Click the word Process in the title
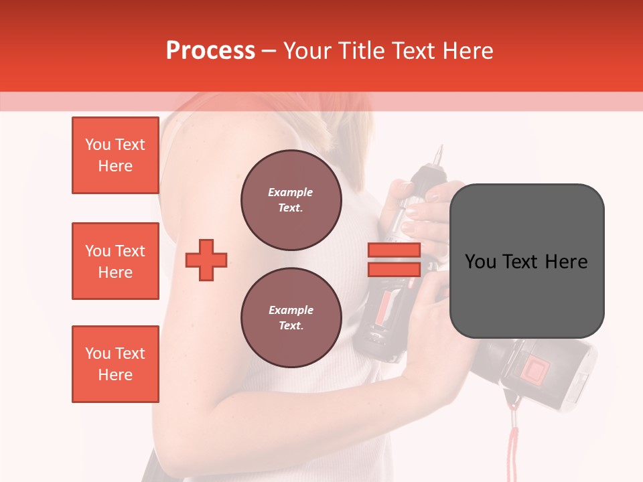[210, 50]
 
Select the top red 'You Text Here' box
[115, 155]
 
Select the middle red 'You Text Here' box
[115, 261]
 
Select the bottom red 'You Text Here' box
[115, 364]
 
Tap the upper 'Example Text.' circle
[291, 200]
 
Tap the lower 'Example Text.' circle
[291, 318]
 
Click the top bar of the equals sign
[394, 250]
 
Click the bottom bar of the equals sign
[394, 269]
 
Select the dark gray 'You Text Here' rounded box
[526, 261]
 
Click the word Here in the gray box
[566, 261]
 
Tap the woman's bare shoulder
[201, 134]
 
